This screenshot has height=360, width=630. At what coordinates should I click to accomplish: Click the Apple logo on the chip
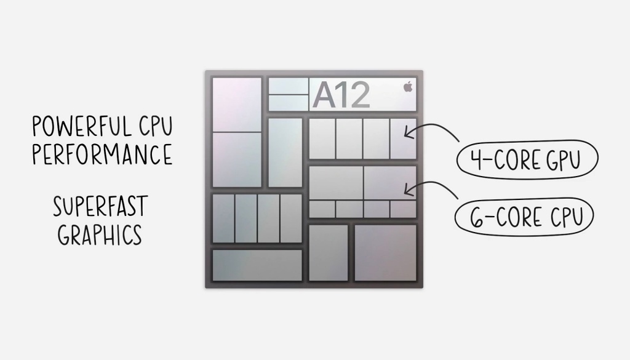point(407,87)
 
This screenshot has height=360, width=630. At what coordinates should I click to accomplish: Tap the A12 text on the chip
point(341,95)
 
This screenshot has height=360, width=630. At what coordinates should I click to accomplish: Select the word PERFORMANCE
point(102,154)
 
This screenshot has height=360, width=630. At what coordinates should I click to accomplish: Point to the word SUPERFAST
point(100,207)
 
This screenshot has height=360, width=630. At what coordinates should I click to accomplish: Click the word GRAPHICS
point(100,234)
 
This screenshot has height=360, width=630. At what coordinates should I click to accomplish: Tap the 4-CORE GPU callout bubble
point(527,161)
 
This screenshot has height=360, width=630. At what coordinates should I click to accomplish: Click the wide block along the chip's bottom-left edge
point(257,265)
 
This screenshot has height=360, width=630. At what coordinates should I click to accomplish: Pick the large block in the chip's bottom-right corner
point(385,252)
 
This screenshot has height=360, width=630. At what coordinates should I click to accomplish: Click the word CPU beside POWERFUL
point(152,127)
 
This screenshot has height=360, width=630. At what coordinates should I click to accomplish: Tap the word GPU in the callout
point(562,161)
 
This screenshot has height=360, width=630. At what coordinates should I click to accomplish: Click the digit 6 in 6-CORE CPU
point(475,217)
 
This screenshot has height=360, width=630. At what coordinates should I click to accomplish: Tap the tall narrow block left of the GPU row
point(285,152)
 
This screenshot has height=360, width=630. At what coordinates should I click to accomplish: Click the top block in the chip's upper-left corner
point(236,104)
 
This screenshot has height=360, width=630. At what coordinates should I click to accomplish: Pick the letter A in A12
point(324,95)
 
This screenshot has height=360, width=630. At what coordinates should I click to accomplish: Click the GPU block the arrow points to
point(403,138)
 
